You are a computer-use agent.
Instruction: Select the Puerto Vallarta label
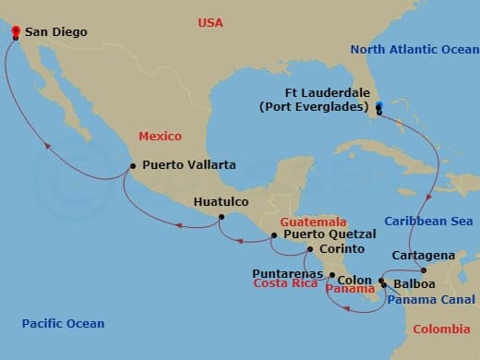[x=188, y=165]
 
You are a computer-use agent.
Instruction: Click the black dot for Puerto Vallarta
[x=133, y=167]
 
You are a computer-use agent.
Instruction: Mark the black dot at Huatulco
[x=220, y=218]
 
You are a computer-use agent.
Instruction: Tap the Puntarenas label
[x=287, y=274]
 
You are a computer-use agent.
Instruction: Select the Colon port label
[x=354, y=280]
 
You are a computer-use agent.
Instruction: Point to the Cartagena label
[x=422, y=255]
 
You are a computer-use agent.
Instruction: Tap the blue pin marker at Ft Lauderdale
[x=379, y=106]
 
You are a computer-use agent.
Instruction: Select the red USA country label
[x=210, y=22]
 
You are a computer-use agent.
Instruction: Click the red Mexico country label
[x=160, y=136]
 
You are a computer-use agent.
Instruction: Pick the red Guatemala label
[x=314, y=222]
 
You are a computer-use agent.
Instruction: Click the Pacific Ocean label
[x=63, y=324]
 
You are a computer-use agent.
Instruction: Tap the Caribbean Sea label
[x=428, y=222]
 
